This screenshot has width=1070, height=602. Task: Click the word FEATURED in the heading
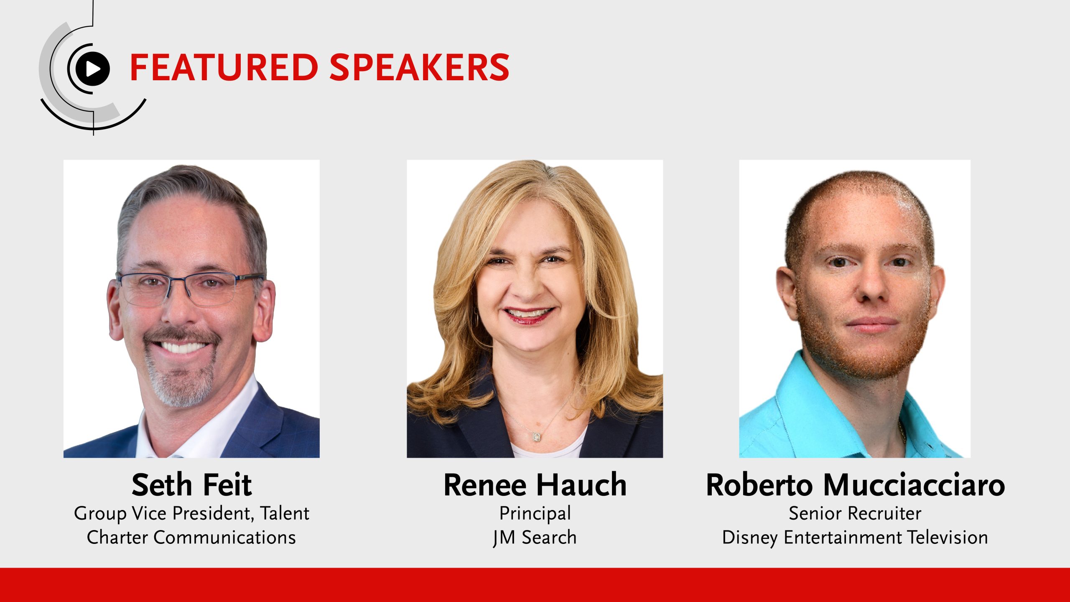(x=224, y=67)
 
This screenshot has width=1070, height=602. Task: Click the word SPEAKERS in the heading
(x=420, y=67)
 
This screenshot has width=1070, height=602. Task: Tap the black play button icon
(x=92, y=69)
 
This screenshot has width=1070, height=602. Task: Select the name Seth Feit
(x=191, y=485)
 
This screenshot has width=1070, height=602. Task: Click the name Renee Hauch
(x=535, y=485)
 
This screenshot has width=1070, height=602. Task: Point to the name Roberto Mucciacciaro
(x=855, y=485)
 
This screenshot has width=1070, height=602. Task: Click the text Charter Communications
(x=191, y=538)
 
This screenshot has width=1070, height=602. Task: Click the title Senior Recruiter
(x=855, y=513)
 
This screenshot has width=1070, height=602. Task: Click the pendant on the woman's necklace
(x=537, y=437)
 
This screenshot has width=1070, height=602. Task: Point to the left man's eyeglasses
(x=190, y=288)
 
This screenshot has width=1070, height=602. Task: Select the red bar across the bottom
(x=535, y=585)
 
